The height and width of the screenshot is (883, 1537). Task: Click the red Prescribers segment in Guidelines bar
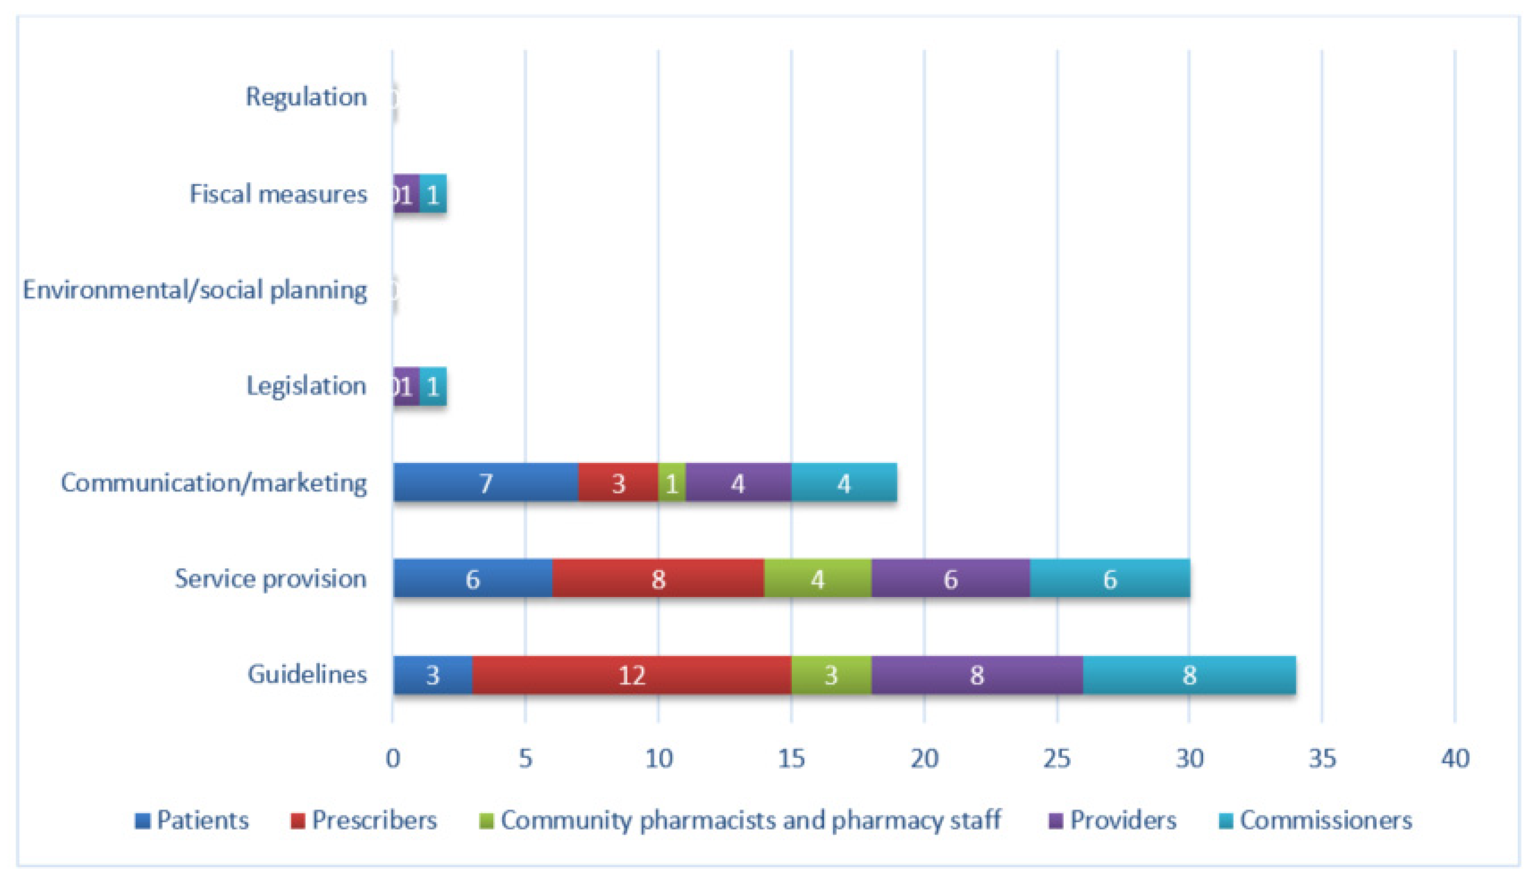point(631,675)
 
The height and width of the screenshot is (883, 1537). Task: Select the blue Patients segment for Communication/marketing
point(485,483)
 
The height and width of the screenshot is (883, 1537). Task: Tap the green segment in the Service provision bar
point(817,578)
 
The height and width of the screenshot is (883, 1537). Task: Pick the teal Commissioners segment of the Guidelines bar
point(1189,675)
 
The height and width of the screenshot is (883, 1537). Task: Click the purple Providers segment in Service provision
point(950,578)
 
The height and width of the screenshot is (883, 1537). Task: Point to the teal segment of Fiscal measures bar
point(433,194)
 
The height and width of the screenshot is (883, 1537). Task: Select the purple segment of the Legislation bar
point(406,386)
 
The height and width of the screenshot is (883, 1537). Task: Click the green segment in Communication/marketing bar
point(671,483)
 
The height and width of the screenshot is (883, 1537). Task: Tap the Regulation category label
point(306,97)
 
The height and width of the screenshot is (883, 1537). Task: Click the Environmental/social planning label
point(194,290)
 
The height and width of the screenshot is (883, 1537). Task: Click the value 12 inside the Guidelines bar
point(631,675)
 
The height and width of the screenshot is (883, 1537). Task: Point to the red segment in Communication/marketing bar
point(618,483)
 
